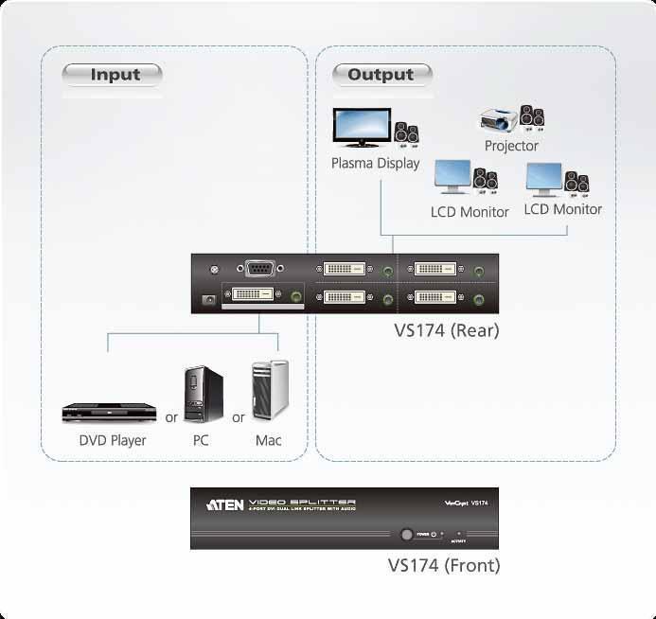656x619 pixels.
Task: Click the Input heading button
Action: tap(113, 75)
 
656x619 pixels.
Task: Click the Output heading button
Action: tap(381, 75)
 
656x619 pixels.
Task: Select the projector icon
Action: tap(500, 120)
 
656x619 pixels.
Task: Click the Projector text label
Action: tap(511, 146)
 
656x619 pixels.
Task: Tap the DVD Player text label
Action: tap(112, 440)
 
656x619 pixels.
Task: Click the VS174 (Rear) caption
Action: tap(446, 331)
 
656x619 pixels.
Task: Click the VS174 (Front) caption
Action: tap(443, 566)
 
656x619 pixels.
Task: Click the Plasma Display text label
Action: tap(375, 163)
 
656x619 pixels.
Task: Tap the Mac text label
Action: tap(268, 440)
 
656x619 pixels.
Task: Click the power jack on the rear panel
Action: tap(207, 300)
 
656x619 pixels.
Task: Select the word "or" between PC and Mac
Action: tap(239, 417)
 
